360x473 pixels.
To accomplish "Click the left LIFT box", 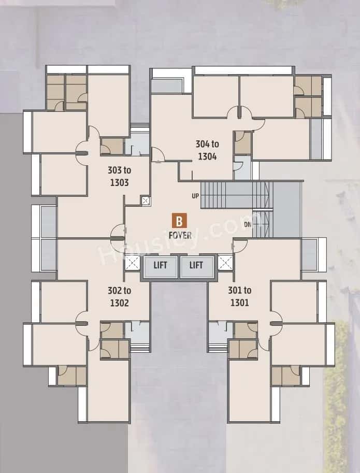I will point(160,266).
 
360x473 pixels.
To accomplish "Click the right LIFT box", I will point(196,266).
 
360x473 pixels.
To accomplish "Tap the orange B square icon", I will point(179,222).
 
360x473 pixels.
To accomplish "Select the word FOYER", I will point(180,235).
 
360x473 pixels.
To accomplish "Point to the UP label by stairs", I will point(195,196).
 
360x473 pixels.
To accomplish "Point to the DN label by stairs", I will point(248,224).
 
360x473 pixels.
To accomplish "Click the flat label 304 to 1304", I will point(206,150).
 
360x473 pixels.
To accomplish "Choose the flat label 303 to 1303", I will point(119,176).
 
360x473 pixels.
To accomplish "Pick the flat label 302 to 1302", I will point(119,297).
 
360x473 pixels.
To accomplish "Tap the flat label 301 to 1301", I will point(240,297).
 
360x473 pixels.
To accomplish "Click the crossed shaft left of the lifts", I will point(133,263).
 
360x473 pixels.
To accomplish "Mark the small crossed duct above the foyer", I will point(145,201).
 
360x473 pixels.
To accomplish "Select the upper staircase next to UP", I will point(236,195).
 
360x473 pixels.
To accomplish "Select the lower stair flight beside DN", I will point(262,224).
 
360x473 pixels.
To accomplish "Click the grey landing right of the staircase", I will point(286,210).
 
